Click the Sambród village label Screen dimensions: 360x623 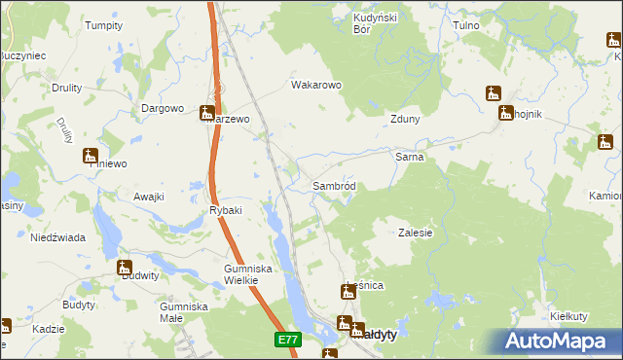point(339,186)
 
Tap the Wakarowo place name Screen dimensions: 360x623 point(316,85)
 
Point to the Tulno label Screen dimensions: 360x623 point(469,23)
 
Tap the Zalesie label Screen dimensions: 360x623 point(415,233)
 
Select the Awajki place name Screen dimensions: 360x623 point(149,197)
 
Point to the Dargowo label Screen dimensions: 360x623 point(163,108)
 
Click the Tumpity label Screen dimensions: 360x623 point(103,25)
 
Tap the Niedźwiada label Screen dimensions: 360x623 point(57,237)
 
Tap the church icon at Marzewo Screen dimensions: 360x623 point(207,113)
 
